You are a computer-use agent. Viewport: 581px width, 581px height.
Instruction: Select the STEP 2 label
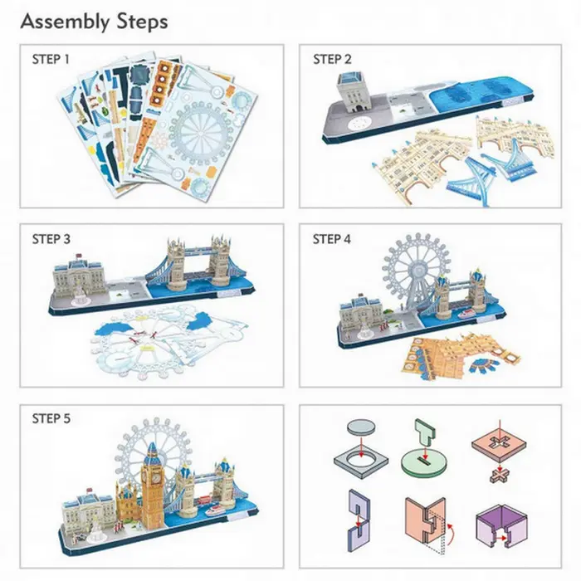click(333, 60)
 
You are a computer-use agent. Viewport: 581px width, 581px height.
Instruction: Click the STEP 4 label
click(333, 240)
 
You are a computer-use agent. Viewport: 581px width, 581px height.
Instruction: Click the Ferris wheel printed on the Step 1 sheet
click(199, 133)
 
